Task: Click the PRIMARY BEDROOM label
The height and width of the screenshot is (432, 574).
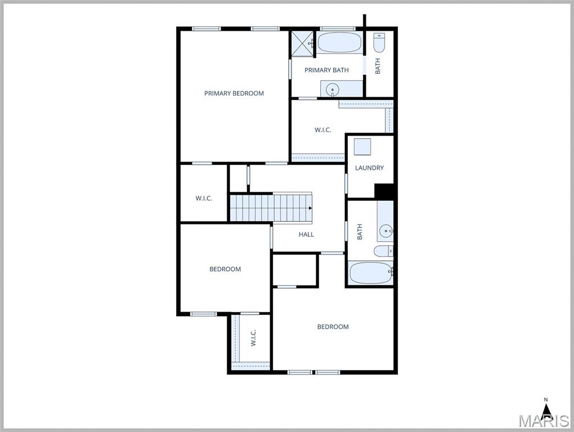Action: pyautogui.click(x=234, y=93)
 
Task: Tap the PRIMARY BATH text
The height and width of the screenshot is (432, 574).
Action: pyautogui.click(x=326, y=70)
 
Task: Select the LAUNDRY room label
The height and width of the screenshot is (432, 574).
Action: pyautogui.click(x=369, y=168)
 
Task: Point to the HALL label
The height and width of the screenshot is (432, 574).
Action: pyautogui.click(x=306, y=235)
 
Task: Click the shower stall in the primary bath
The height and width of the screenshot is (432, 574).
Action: pyautogui.click(x=302, y=44)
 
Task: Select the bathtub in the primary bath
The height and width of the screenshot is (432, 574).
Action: pyautogui.click(x=339, y=43)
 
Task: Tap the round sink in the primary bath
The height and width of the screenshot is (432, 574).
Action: pyautogui.click(x=334, y=89)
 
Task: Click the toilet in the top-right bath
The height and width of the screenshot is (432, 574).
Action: pyautogui.click(x=379, y=42)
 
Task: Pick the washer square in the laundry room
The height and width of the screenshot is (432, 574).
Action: pyautogui.click(x=362, y=147)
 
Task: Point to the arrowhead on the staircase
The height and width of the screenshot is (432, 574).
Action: pyautogui.click(x=310, y=208)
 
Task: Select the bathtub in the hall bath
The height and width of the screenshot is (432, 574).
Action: pyautogui.click(x=370, y=273)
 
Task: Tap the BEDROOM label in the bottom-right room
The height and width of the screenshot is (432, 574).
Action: pyautogui.click(x=333, y=327)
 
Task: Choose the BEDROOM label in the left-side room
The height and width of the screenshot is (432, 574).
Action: pyautogui.click(x=225, y=269)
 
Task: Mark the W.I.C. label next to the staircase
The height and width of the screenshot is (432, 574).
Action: pyautogui.click(x=204, y=199)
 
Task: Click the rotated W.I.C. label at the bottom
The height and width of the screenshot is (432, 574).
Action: pyautogui.click(x=253, y=337)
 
